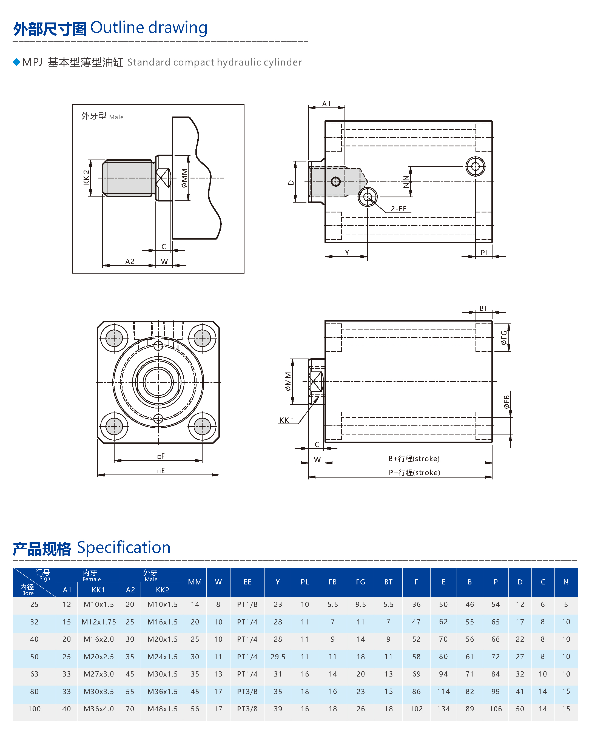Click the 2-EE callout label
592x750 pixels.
(399, 209)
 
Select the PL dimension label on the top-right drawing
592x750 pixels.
(484, 253)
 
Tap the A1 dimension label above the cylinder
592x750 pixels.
(326, 104)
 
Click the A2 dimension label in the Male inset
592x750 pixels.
(130, 261)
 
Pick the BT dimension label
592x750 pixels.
(483, 308)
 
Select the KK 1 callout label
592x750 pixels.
(287, 420)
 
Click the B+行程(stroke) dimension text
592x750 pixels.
(414, 459)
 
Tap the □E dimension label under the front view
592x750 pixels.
(161, 471)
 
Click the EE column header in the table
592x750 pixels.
(247, 582)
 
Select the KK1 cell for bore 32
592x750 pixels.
(98, 622)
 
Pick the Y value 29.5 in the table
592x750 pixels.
(278, 657)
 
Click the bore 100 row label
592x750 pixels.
(34, 709)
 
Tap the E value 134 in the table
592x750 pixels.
(443, 709)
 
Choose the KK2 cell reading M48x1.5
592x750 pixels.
(162, 709)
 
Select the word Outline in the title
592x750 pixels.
(117, 27)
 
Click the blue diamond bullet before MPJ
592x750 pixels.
(17, 62)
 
